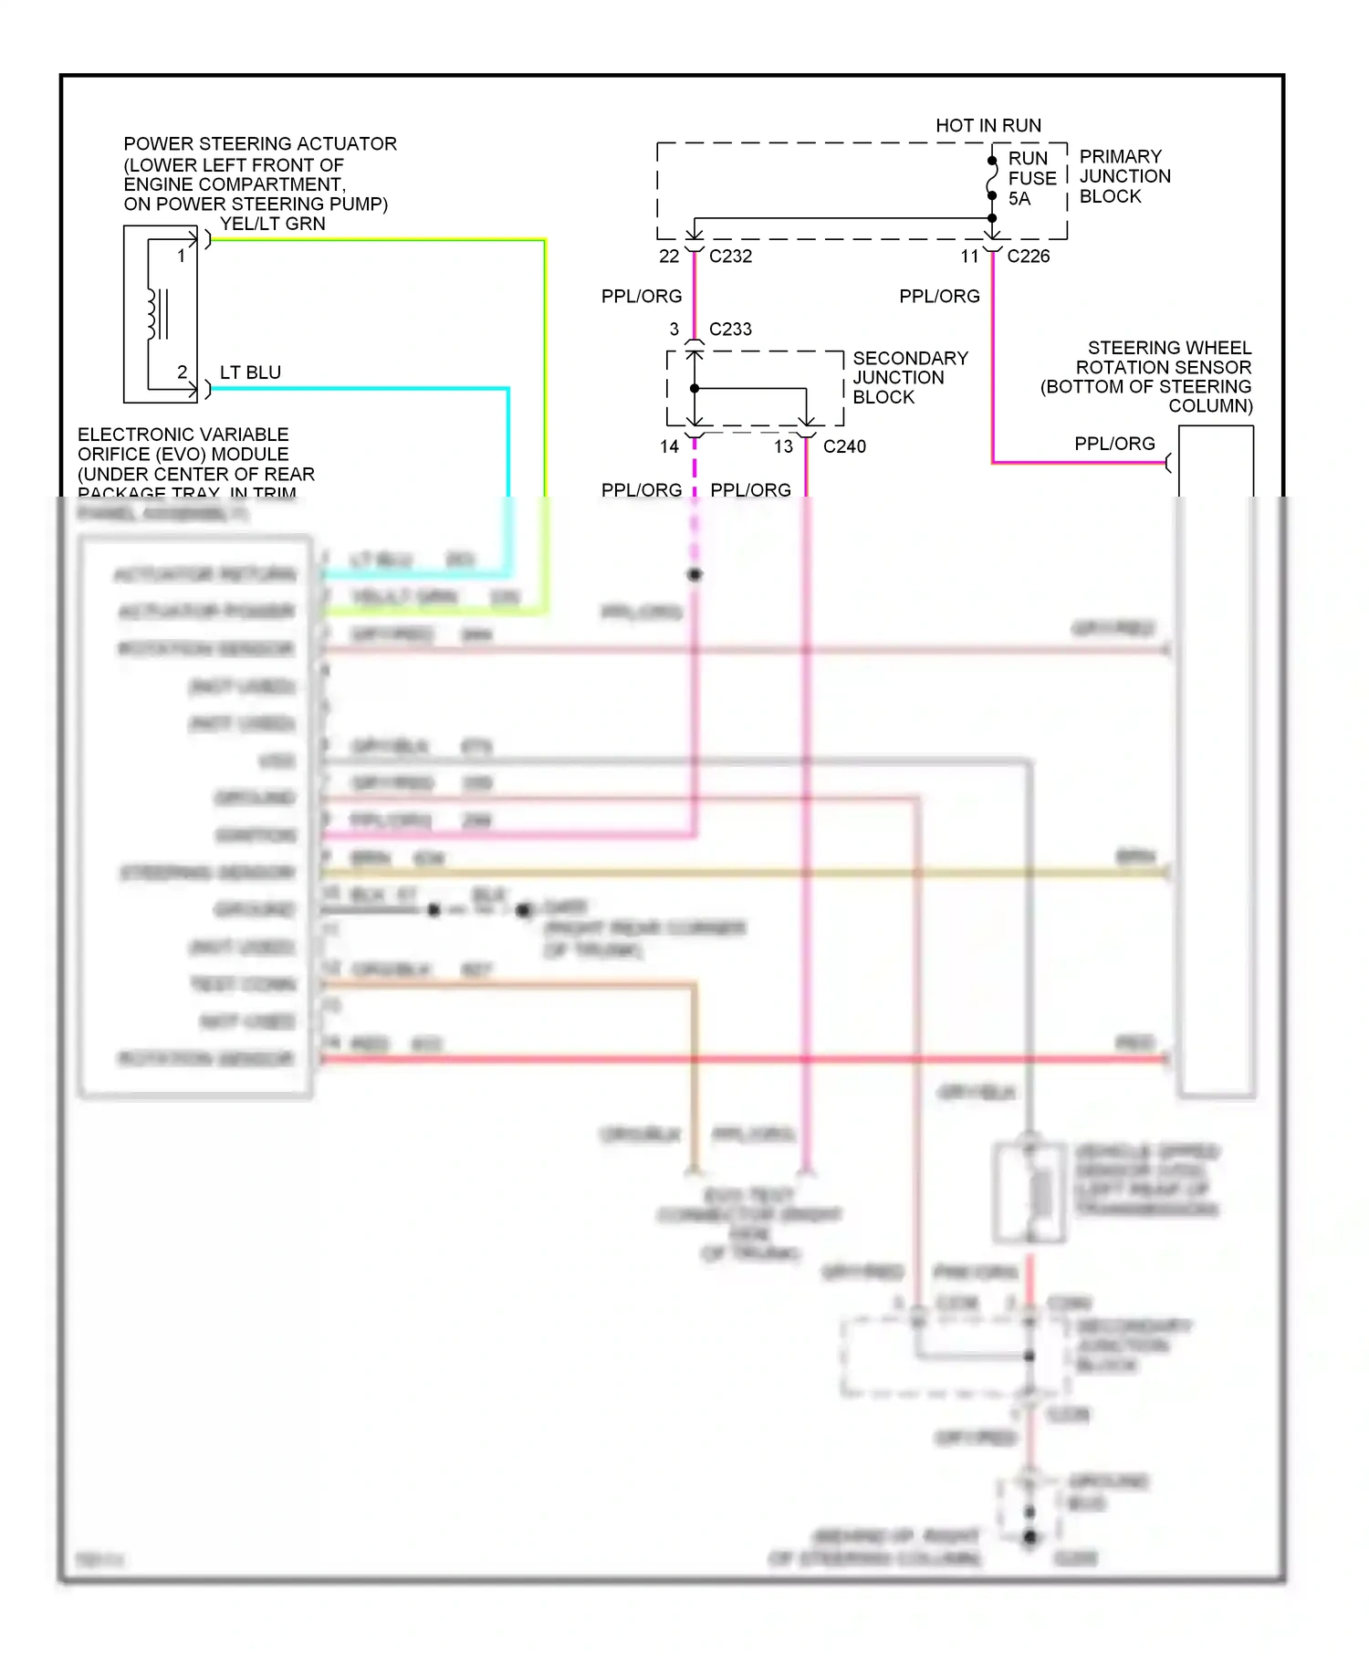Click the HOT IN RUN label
[988, 126]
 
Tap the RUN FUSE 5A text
[1031, 178]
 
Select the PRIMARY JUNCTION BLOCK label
[1123, 176]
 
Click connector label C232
[730, 257]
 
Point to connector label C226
[1028, 257]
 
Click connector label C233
[730, 330]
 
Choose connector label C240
[844, 446]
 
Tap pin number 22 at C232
[669, 257]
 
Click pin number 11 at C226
[969, 257]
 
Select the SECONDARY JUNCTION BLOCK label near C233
[909, 378]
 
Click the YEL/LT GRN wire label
[272, 224]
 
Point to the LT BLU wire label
[250, 372]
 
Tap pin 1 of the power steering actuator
[182, 257]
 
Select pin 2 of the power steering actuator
[182, 372]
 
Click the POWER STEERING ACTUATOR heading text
[259, 144]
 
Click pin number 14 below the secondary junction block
[669, 446]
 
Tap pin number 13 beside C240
[783, 446]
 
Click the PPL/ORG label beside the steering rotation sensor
[1114, 444]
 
